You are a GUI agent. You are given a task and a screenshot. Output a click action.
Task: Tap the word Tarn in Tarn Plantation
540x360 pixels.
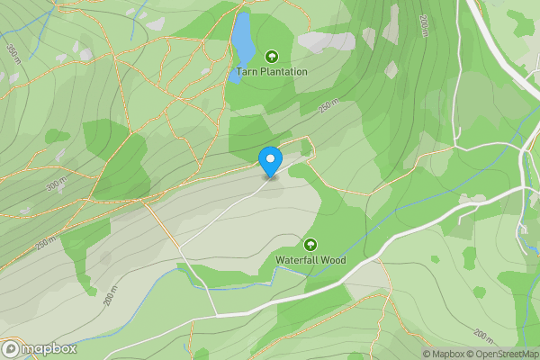click(x=247, y=71)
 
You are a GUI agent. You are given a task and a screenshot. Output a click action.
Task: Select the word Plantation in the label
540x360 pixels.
click(x=284, y=71)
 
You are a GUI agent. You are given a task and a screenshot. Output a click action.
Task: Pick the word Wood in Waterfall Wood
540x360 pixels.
click(x=334, y=260)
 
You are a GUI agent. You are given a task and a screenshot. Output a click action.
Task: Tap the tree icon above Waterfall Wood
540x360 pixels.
click(x=310, y=245)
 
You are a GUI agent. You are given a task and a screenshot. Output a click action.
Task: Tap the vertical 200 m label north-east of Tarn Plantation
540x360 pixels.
click(x=424, y=26)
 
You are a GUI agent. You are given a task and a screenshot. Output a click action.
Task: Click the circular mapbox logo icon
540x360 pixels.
click(x=12, y=348)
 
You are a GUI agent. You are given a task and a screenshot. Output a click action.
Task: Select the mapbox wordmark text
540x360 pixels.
click(x=49, y=348)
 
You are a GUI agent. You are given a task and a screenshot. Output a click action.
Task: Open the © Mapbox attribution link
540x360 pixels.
click(x=444, y=354)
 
